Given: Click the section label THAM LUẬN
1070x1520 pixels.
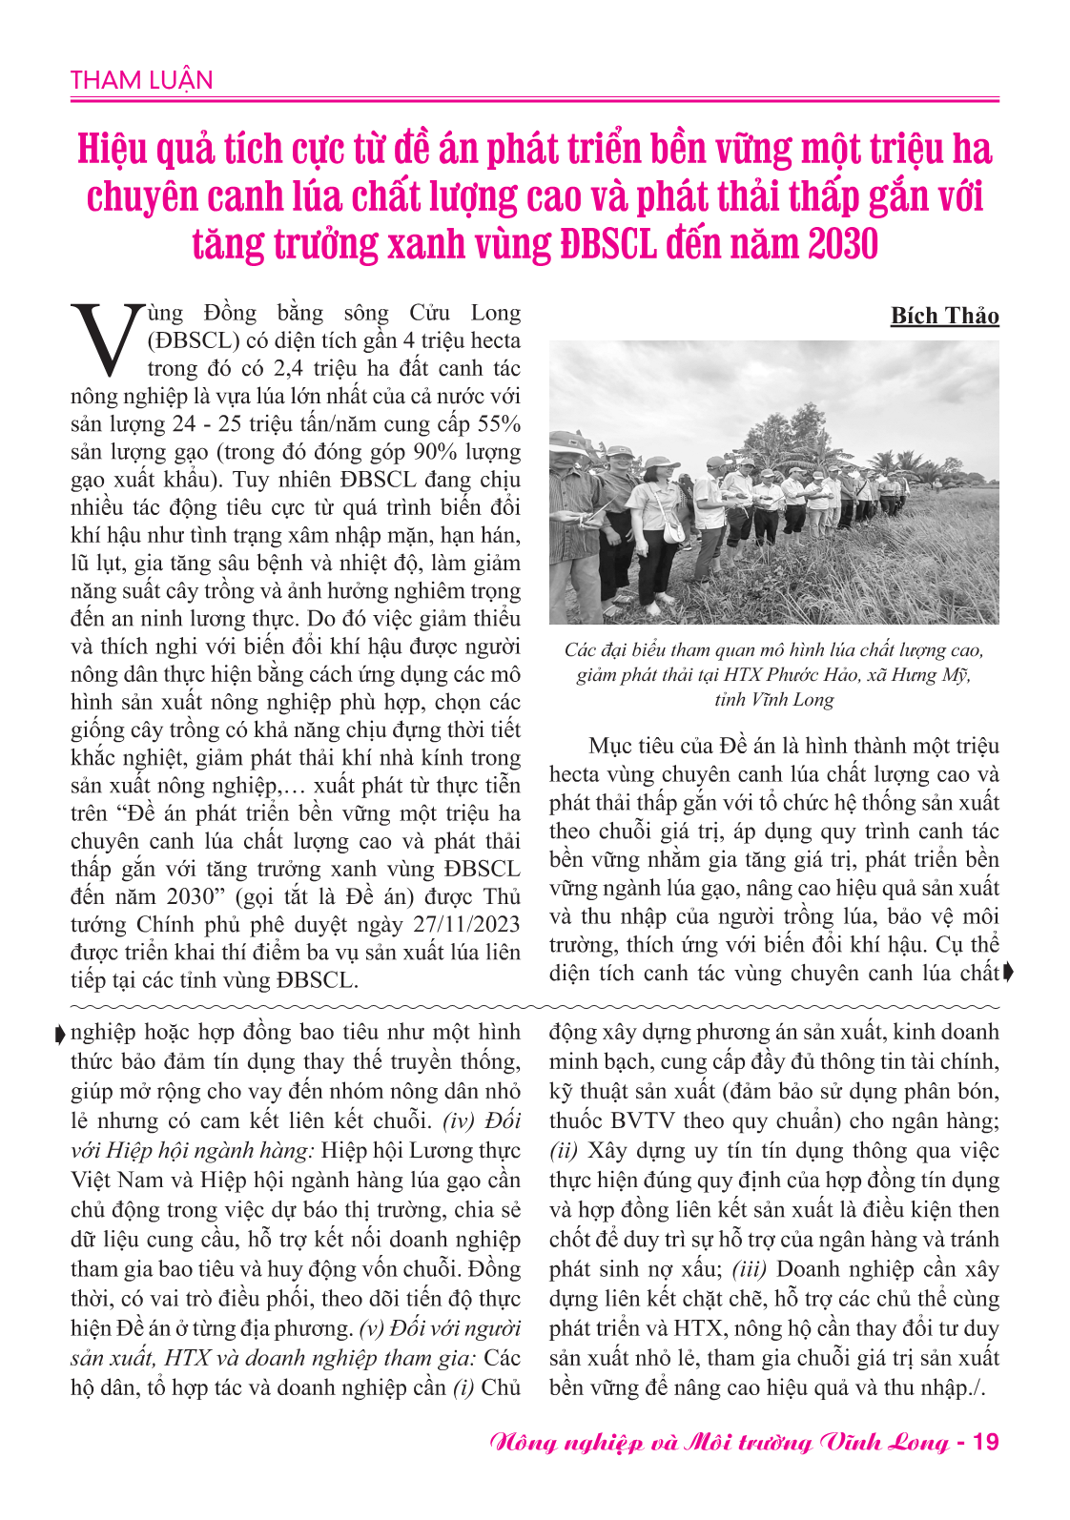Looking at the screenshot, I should [x=141, y=80].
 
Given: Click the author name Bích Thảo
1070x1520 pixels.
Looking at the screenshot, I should [x=944, y=316].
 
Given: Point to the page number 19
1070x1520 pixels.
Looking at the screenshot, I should [x=984, y=1442].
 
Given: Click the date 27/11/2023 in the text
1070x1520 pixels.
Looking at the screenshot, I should [x=466, y=924].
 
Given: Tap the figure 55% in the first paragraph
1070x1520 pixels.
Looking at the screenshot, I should [x=498, y=424].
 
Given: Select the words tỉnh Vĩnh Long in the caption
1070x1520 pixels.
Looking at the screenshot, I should [x=773, y=699].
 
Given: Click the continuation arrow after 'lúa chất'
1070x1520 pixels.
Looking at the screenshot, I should [x=1009, y=973].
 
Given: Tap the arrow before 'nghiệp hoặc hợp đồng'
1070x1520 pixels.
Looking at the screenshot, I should [x=61, y=1034].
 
